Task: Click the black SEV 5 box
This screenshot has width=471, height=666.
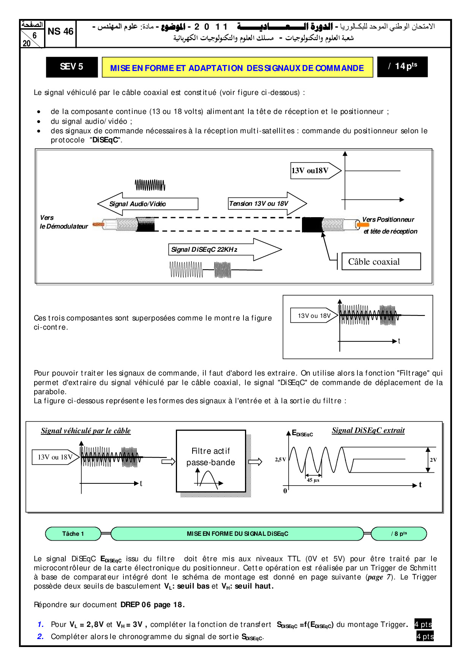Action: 71,67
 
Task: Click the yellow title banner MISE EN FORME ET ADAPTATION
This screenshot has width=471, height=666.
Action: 237,68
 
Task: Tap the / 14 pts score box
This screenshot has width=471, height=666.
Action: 402,67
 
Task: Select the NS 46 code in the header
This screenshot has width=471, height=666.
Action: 60,32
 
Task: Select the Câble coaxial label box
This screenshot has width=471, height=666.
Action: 381,262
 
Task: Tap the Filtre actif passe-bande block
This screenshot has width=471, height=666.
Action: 211,461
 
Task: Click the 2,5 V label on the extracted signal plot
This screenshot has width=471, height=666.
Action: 280,459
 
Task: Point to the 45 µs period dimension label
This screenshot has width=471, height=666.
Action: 313,480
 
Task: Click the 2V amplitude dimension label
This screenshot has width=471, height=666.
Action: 433,460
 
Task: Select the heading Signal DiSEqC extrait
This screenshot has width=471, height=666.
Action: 368,430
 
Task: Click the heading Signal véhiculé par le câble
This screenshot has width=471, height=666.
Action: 86,431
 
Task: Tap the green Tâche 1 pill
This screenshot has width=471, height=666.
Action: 73,533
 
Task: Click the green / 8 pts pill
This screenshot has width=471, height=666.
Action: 399,533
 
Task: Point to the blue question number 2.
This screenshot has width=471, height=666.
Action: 40,636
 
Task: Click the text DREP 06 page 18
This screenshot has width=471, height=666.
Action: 152,604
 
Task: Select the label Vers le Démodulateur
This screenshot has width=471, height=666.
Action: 63,222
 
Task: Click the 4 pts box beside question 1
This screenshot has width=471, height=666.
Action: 423,624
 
